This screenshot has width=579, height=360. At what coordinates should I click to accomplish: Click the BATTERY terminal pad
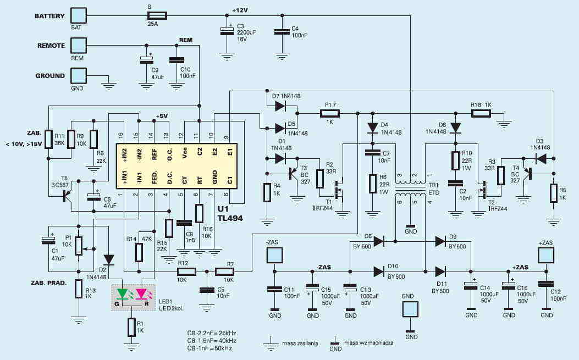[78, 16]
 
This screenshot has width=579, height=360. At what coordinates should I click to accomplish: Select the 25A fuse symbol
[157, 15]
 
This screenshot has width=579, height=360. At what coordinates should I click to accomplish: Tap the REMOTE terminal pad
[78, 46]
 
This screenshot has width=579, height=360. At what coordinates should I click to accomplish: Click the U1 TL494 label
[230, 213]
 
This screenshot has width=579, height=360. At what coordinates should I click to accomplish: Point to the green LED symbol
[122, 293]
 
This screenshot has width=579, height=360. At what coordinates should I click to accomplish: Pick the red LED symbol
[141, 293]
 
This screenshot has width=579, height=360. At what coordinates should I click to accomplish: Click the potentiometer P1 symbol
[79, 246]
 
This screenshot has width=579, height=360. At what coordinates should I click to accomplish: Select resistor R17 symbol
[330, 113]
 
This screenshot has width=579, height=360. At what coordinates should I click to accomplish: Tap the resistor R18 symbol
[481, 113]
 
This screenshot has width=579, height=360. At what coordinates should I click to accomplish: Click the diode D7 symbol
[280, 106]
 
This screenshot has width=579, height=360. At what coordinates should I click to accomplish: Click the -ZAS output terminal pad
[274, 255]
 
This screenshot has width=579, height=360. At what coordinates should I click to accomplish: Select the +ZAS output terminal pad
[546, 255]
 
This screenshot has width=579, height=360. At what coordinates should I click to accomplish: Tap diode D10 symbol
[379, 272]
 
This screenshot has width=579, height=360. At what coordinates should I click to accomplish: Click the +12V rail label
[240, 10]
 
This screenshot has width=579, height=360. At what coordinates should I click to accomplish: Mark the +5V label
[162, 116]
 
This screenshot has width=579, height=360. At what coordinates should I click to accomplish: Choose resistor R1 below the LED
[131, 327]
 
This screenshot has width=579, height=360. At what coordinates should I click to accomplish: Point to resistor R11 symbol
[48, 139]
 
